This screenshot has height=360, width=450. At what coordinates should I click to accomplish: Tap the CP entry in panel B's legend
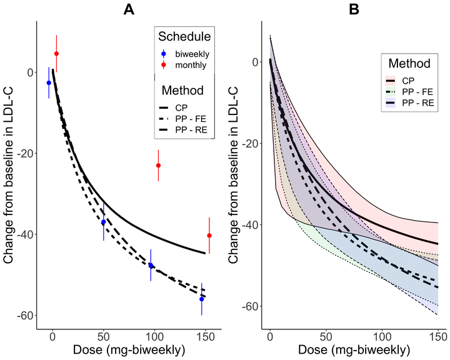coord(409,81)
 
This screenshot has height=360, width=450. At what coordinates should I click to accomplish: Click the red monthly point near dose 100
coord(158,166)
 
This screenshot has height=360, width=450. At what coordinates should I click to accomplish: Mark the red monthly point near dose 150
coord(209,236)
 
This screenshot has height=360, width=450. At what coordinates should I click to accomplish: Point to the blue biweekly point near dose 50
coord(104,222)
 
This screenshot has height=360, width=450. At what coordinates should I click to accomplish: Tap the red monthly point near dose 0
coord(56,54)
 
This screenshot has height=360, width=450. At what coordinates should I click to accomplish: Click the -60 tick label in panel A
coord(26,316)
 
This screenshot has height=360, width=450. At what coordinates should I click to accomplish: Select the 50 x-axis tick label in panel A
coord(104,334)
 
